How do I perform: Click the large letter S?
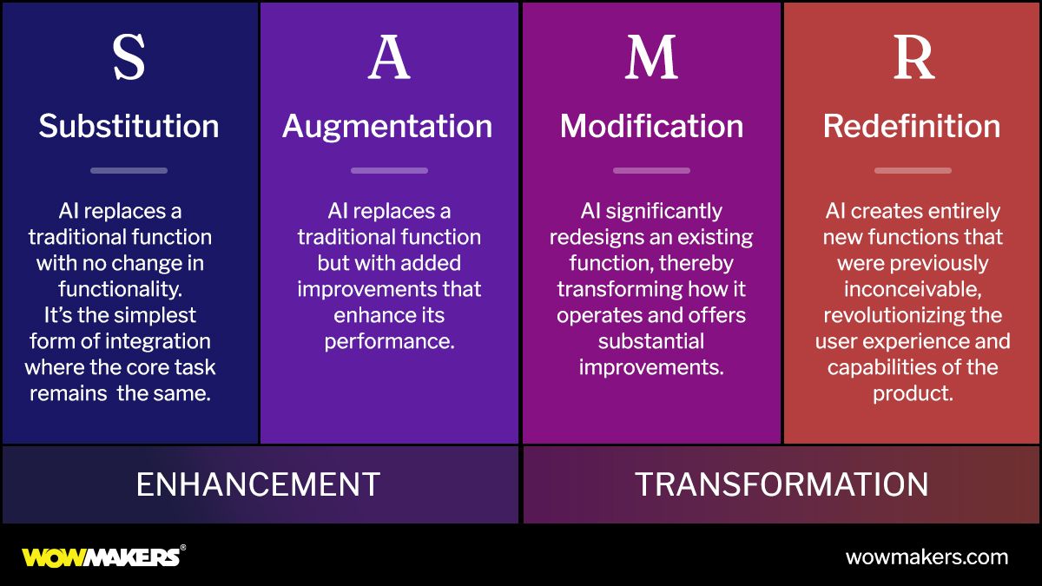129,58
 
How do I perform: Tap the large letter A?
388,58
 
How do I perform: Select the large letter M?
651,58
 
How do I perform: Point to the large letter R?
913,58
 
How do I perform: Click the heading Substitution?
129,127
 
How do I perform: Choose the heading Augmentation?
387,127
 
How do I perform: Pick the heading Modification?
651,127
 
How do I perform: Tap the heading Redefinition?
912,127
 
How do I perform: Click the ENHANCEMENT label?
258,484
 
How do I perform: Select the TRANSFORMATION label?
781,484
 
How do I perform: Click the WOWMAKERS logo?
102,556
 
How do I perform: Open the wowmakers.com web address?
927,557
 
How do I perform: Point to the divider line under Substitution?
129,170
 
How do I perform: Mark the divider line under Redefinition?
913,170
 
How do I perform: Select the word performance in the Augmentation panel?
389,341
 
